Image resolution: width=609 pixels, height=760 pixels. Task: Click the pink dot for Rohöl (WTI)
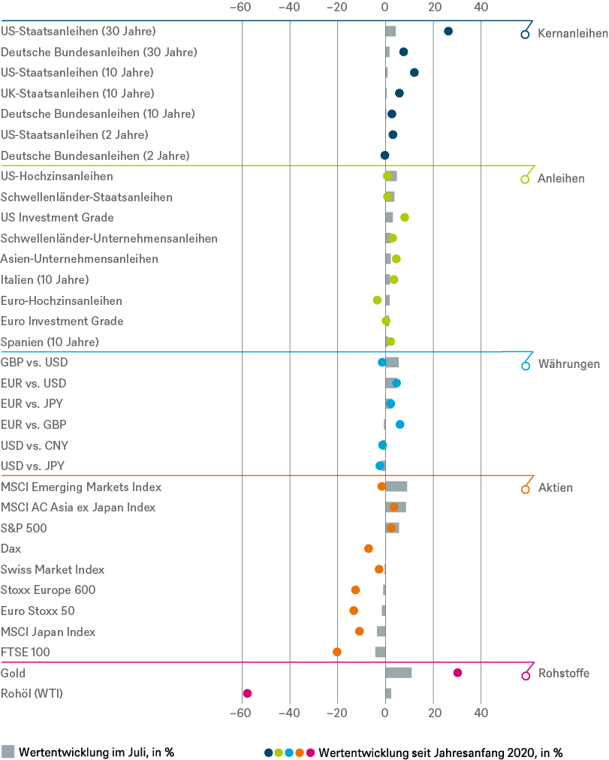click(247, 693)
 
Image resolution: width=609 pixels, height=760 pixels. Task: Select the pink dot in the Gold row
click(457, 673)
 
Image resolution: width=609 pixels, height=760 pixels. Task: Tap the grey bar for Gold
click(398, 673)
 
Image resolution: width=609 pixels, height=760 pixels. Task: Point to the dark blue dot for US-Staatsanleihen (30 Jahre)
click(448, 32)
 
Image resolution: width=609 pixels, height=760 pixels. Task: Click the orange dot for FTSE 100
click(337, 652)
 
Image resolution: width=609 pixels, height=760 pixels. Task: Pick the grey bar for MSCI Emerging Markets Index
click(396, 487)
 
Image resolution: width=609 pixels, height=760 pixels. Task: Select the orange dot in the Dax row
click(369, 548)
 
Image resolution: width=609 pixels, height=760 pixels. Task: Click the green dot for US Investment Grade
click(405, 218)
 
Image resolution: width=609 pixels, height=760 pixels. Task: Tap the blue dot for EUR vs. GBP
click(400, 424)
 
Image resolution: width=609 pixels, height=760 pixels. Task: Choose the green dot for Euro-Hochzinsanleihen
click(377, 300)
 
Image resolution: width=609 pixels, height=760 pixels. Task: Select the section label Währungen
click(568, 364)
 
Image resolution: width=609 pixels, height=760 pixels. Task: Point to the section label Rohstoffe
click(563, 674)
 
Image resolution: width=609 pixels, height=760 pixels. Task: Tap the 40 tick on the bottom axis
click(481, 713)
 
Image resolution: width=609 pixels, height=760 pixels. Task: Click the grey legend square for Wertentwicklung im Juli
click(8, 751)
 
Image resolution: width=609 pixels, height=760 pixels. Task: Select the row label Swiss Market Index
click(53, 569)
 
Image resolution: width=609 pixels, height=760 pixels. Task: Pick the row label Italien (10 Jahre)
click(45, 279)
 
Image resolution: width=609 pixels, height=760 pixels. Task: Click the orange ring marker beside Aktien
click(525, 489)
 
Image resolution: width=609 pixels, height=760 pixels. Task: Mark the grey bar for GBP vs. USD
click(392, 363)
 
